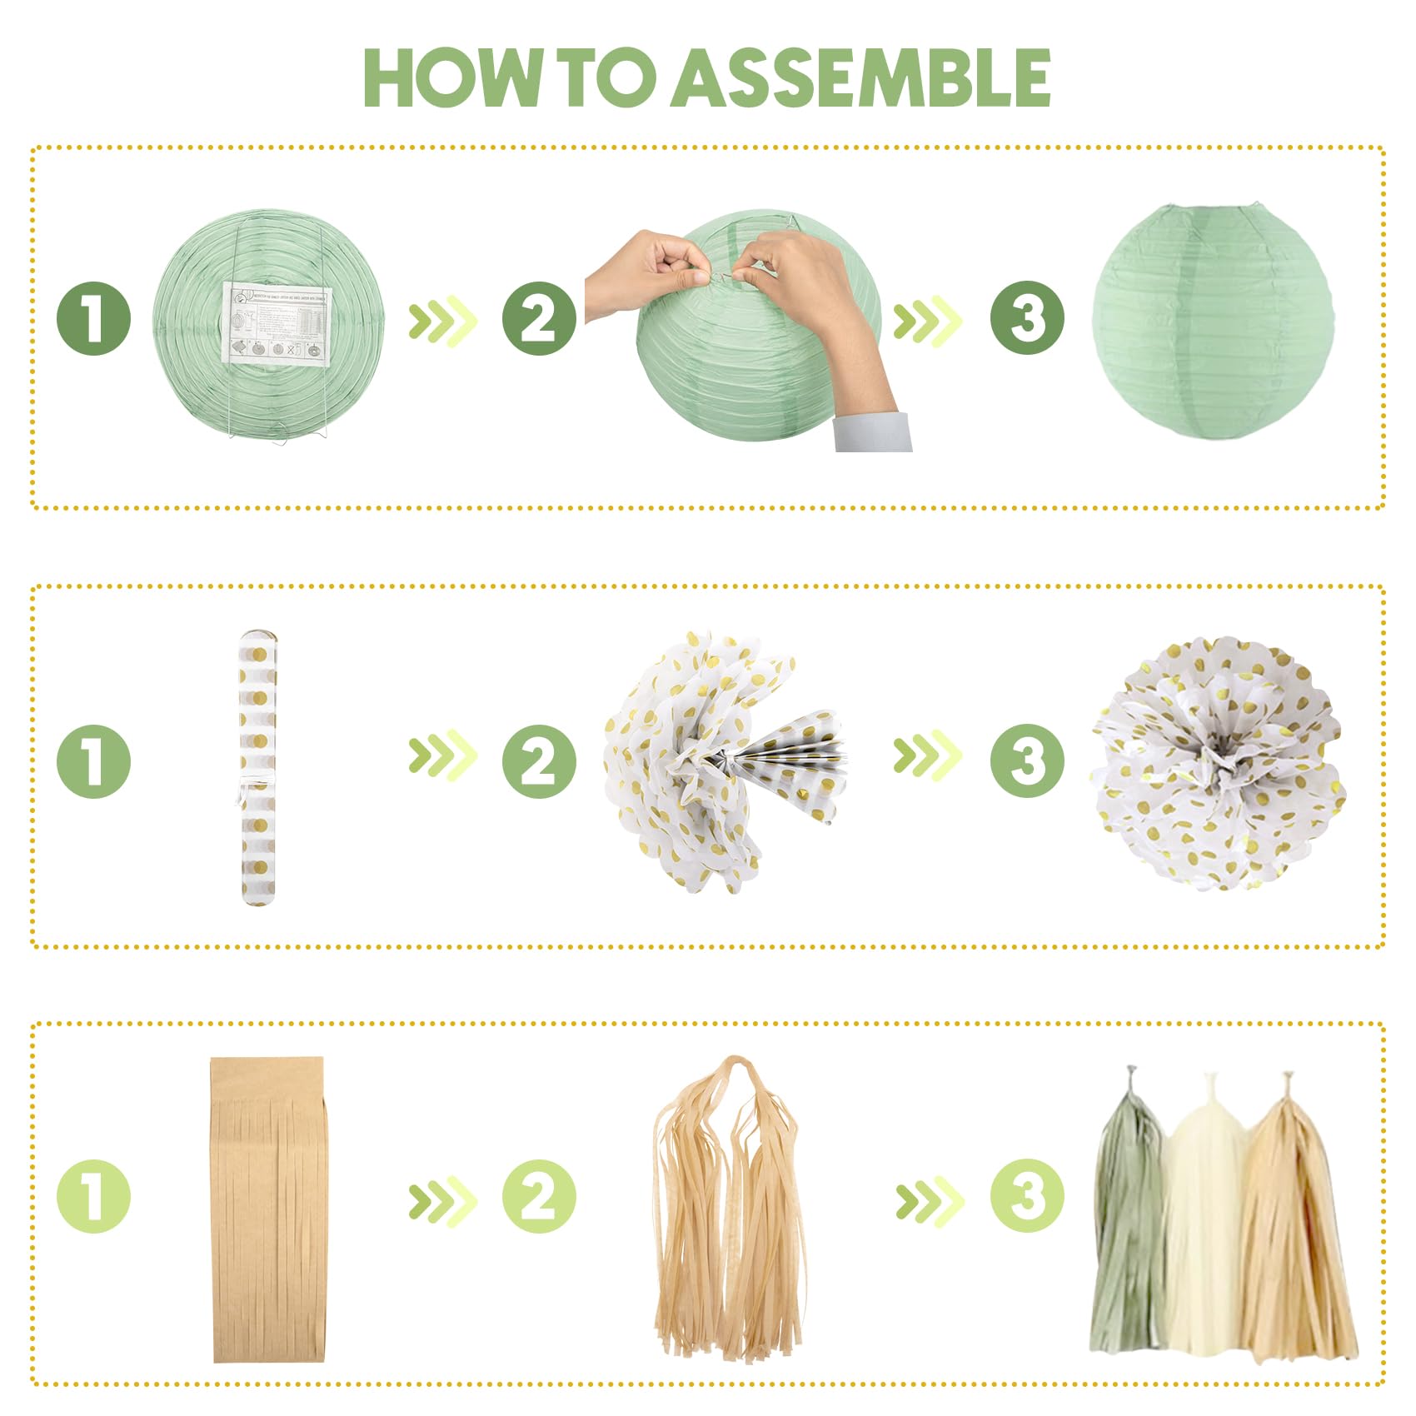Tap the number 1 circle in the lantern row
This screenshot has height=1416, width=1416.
coord(93,319)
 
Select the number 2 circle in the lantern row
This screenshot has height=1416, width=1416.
coord(539,319)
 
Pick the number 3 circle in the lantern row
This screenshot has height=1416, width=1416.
coord(1027,319)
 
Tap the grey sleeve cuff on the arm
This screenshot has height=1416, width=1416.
coord(873,431)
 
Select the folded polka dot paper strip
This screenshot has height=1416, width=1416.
coord(257,766)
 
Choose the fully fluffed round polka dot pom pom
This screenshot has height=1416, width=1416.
coord(1216,762)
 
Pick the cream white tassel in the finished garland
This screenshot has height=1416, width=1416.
coord(1204,1216)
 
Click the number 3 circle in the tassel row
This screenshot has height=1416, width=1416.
coord(1027,1196)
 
